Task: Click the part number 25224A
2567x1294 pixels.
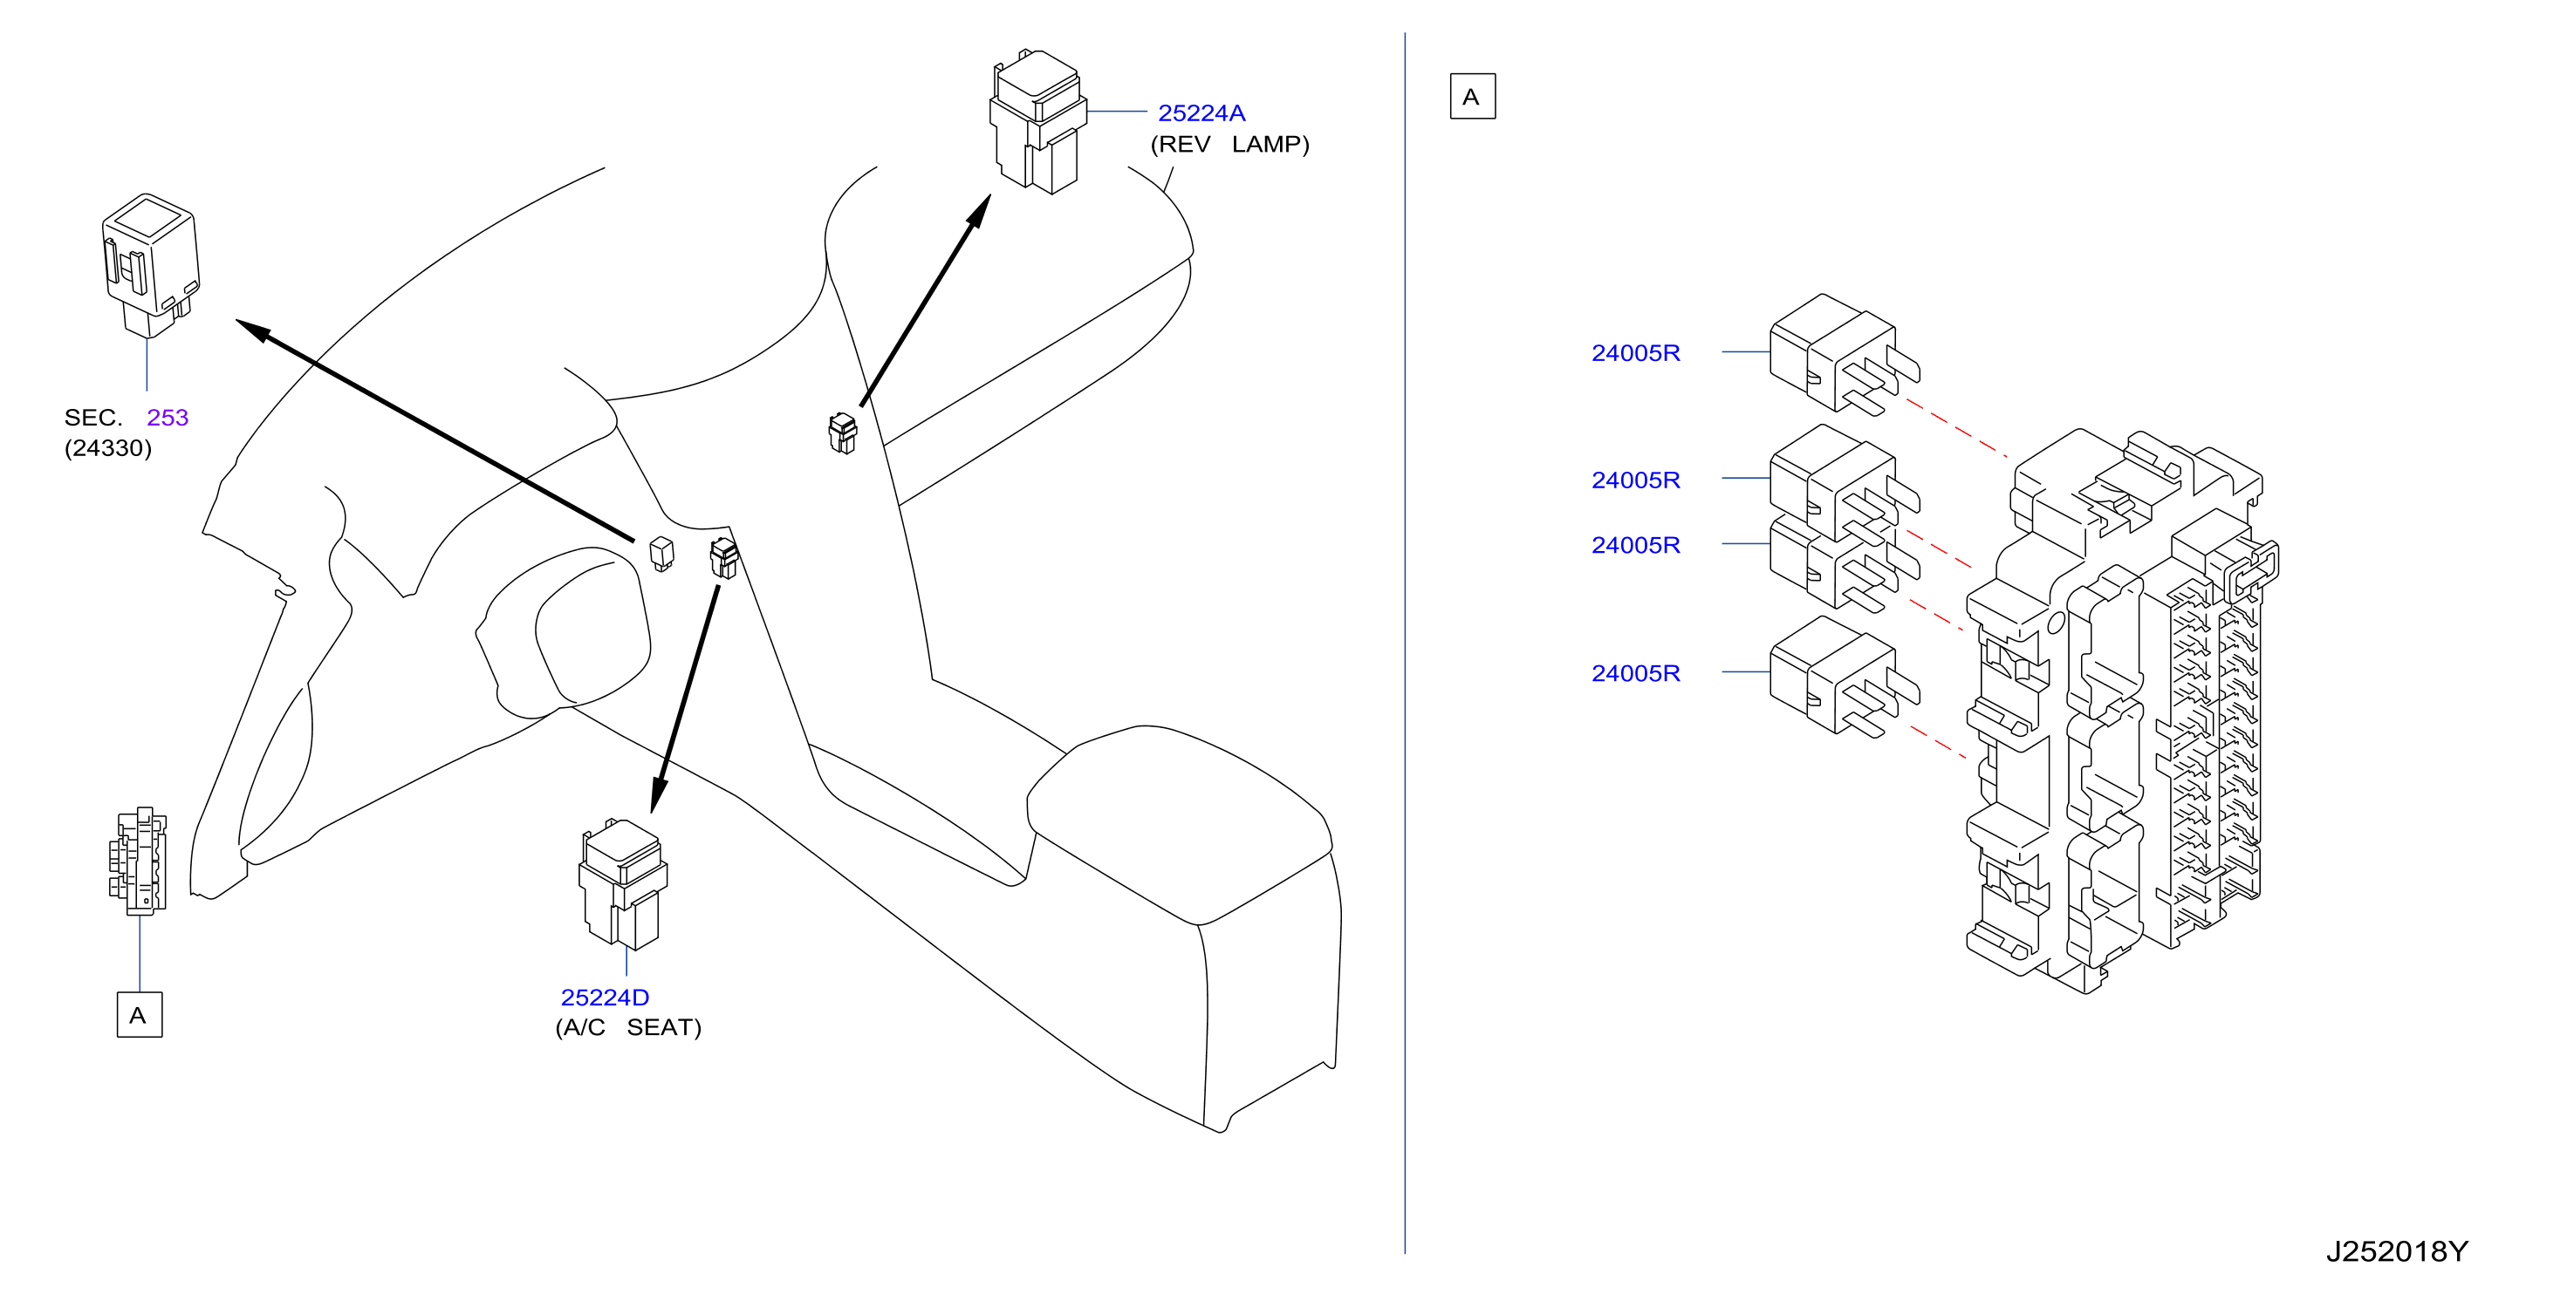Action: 1201,112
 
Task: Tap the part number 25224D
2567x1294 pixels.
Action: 604,998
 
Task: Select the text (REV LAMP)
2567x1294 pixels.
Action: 1229,145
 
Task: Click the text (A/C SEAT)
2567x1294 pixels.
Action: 628,1027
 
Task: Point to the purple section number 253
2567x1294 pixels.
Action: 168,418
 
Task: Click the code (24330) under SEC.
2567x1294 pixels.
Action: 107,448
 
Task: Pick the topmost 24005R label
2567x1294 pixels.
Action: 1635,352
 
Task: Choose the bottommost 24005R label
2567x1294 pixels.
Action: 1635,673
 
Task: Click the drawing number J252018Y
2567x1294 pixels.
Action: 2397,1251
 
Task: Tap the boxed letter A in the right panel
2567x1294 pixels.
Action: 1472,97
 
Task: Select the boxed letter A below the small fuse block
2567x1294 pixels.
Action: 140,1015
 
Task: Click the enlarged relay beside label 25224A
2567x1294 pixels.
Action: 1037,121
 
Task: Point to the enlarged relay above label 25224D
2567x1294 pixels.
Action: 623,883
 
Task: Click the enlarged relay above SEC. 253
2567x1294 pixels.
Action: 150,265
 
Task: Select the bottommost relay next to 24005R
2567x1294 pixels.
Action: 1844,677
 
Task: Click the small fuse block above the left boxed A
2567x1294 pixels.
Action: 138,861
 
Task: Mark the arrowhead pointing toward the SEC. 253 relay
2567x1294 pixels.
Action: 253,330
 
